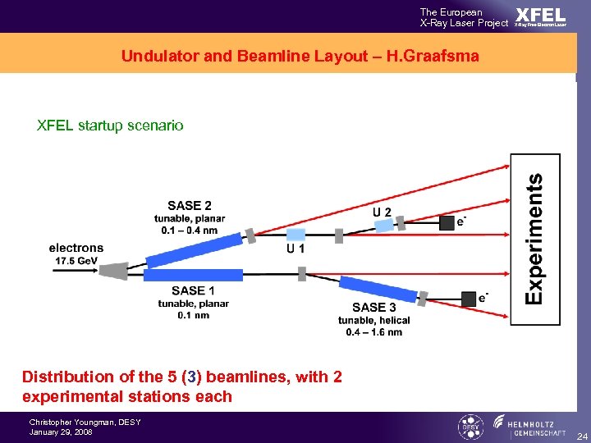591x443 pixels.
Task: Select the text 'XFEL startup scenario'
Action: pyautogui.click(x=110, y=126)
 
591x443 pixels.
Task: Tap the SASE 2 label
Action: pyautogui.click(x=189, y=206)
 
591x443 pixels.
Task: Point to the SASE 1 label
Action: pyautogui.click(x=193, y=290)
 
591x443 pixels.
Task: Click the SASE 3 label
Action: pyautogui.click(x=373, y=308)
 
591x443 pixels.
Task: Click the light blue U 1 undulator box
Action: pyautogui.click(x=295, y=235)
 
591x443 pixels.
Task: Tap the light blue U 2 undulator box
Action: pyautogui.click(x=385, y=224)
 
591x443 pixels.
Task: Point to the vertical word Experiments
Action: pyautogui.click(x=534, y=239)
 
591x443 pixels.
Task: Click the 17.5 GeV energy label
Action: pyautogui.click(x=76, y=260)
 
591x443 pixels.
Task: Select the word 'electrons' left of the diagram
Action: pyautogui.click(x=76, y=248)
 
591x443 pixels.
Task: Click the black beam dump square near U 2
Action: pyautogui.click(x=447, y=222)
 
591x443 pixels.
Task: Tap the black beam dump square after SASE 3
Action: pyautogui.click(x=468, y=299)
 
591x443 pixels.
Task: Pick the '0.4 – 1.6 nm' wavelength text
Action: pyautogui.click(x=373, y=331)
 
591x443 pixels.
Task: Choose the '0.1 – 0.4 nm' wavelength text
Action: pyautogui.click(x=189, y=231)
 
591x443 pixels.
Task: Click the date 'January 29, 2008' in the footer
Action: pyautogui.click(x=61, y=432)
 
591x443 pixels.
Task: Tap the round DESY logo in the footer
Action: pyautogui.click(x=470, y=427)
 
